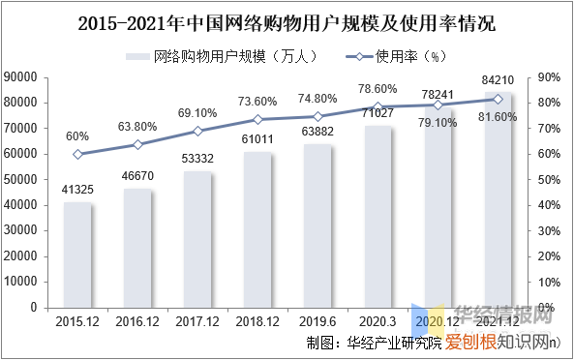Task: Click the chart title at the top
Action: coord(287,20)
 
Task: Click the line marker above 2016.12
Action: coord(137,144)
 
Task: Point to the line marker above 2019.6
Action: coord(317,116)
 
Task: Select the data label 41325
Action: coord(77,187)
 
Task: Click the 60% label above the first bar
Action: coord(76,136)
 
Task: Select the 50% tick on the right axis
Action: coord(548,179)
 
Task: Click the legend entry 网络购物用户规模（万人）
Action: coord(224,56)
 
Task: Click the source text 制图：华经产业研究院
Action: coord(374,342)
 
